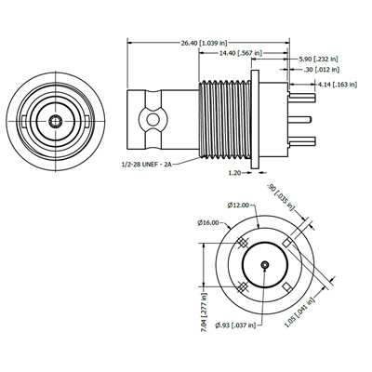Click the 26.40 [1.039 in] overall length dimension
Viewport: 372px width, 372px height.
[x=205, y=43]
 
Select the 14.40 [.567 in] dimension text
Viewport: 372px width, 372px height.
[x=241, y=53]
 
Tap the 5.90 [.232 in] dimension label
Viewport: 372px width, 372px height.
[x=318, y=59]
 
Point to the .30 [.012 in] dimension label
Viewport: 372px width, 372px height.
[x=321, y=70]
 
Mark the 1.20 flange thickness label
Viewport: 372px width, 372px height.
[x=234, y=173]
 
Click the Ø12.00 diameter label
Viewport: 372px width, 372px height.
[x=238, y=205]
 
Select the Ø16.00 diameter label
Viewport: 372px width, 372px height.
[x=208, y=222]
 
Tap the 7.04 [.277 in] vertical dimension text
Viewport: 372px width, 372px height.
[x=204, y=312]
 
